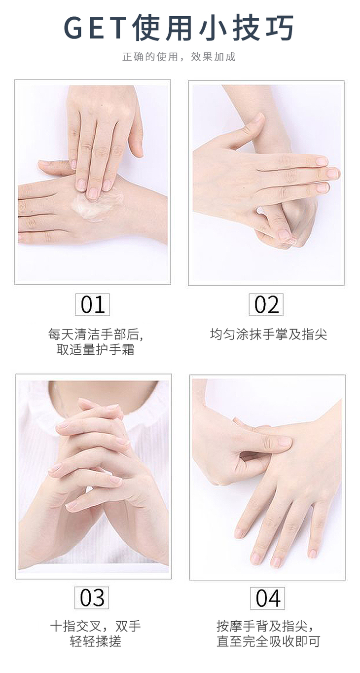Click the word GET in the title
(96, 28)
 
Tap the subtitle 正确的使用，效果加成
(179, 56)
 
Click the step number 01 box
(93, 304)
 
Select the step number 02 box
(266, 304)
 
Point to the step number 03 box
(92, 598)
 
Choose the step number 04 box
(267, 598)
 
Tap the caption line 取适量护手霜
(95, 350)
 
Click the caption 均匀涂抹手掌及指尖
(268, 334)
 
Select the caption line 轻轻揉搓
(96, 641)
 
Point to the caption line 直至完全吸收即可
(268, 641)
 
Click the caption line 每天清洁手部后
(96, 335)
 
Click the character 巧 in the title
(280, 28)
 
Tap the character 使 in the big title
(146, 28)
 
